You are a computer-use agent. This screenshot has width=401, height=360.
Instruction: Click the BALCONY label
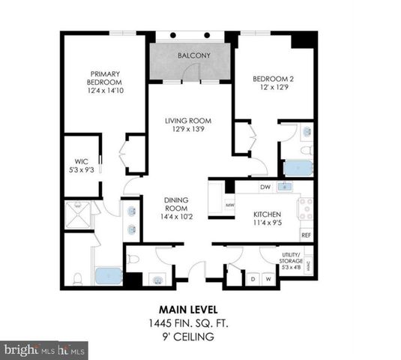(188, 56)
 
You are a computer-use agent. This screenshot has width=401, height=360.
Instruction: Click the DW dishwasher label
(265, 187)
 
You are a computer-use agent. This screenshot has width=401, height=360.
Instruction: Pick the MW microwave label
(230, 203)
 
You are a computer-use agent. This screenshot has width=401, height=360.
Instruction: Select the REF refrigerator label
(306, 235)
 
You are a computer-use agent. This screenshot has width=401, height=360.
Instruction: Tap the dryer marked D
(252, 279)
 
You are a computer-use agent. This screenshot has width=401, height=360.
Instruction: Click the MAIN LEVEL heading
(187, 309)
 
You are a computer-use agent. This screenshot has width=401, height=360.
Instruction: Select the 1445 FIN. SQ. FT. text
(187, 323)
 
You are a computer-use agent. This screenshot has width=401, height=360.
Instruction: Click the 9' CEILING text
(187, 337)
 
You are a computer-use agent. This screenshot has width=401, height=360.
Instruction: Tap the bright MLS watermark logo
(45, 349)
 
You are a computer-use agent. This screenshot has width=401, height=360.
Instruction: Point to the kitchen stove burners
(306, 208)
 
